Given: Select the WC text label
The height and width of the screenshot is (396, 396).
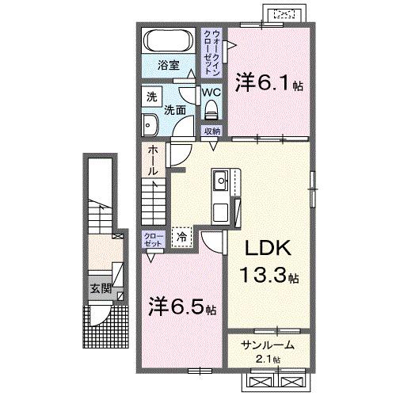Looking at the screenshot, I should (210, 91).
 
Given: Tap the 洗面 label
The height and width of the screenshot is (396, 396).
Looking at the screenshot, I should (175, 110).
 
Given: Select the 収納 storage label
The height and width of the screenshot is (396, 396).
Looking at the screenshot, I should (211, 131).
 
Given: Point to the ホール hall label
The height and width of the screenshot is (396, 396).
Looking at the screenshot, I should (152, 161).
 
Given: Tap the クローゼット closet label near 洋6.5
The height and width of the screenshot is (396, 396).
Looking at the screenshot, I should (153, 240).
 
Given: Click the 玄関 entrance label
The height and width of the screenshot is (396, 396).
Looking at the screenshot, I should (94, 287).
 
